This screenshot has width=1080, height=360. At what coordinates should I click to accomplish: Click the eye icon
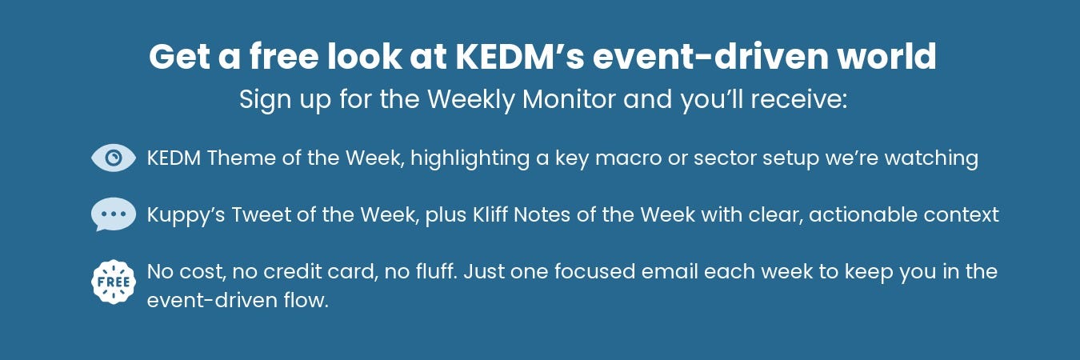pos(114,158)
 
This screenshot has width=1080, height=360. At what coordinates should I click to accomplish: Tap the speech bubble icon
pos(114,214)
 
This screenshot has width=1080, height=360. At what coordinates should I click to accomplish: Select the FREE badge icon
pos(114,282)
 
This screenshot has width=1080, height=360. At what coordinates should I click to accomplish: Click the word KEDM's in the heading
pos(520,56)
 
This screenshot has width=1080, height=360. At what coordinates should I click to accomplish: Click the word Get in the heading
pos(179,56)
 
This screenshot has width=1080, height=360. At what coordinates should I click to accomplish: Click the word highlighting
pos(470,158)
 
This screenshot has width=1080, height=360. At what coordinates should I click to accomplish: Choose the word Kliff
pos(490,214)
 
